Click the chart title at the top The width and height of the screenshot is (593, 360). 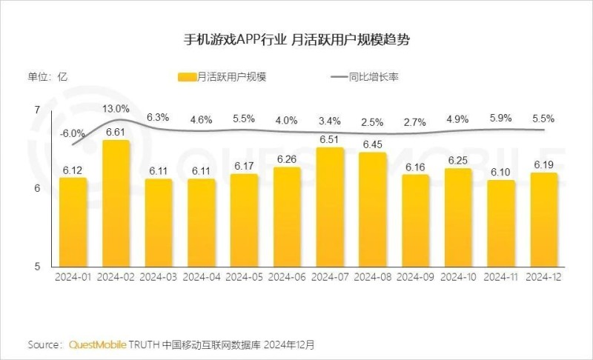pos(296,39)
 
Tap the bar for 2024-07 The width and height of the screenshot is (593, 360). pos(330,207)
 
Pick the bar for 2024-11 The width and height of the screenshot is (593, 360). pos(501,222)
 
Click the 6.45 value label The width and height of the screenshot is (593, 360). pos(373,144)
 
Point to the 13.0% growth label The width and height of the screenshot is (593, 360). pos(116,109)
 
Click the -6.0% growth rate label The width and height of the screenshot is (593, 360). pos(73,133)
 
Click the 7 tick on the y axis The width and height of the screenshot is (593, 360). pos(37,110)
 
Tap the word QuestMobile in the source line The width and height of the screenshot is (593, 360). pos(97,345)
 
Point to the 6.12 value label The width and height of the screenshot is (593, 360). pos(73,170)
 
